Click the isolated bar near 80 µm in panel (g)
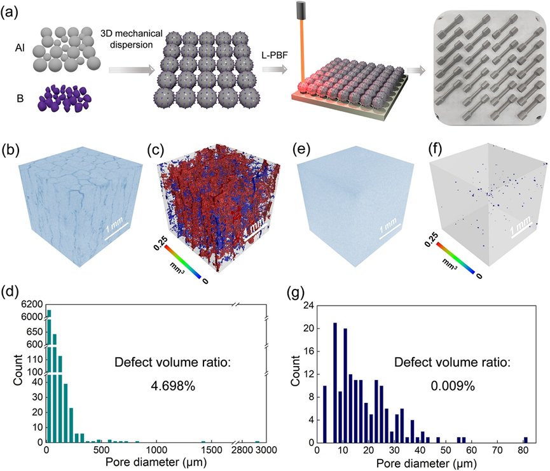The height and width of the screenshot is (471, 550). pyautogui.click(x=526, y=439)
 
